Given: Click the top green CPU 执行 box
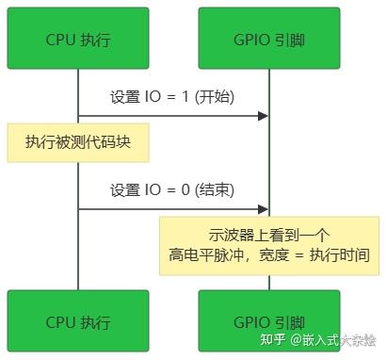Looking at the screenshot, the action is [78, 38].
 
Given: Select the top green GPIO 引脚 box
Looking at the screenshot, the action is [269, 38].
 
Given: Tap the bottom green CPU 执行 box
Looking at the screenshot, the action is [78, 320].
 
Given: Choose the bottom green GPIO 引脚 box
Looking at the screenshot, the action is [269, 320].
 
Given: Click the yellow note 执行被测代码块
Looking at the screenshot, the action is [78, 142].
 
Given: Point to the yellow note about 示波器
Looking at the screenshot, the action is [269, 246].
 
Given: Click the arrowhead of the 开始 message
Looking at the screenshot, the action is [263, 116].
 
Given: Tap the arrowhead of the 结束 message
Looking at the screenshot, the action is [263, 209].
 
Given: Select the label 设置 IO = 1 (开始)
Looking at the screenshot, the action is [172, 96].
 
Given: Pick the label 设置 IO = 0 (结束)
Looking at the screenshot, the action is [172, 189].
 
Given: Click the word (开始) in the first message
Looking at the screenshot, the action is [215, 96].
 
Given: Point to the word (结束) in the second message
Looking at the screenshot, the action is [215, 189].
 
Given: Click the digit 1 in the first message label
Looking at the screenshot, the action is [185, 96].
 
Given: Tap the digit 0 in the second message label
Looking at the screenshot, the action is [185, 189].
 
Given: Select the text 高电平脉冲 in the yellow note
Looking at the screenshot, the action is [206, 255].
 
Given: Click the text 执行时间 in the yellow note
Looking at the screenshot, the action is [340, 255].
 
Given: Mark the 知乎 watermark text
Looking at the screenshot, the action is [273, 339].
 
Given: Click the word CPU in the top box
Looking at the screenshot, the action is [60, 40].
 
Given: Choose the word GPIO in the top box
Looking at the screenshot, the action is [251, 40].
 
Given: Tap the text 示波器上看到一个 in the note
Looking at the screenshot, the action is [269, 236].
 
